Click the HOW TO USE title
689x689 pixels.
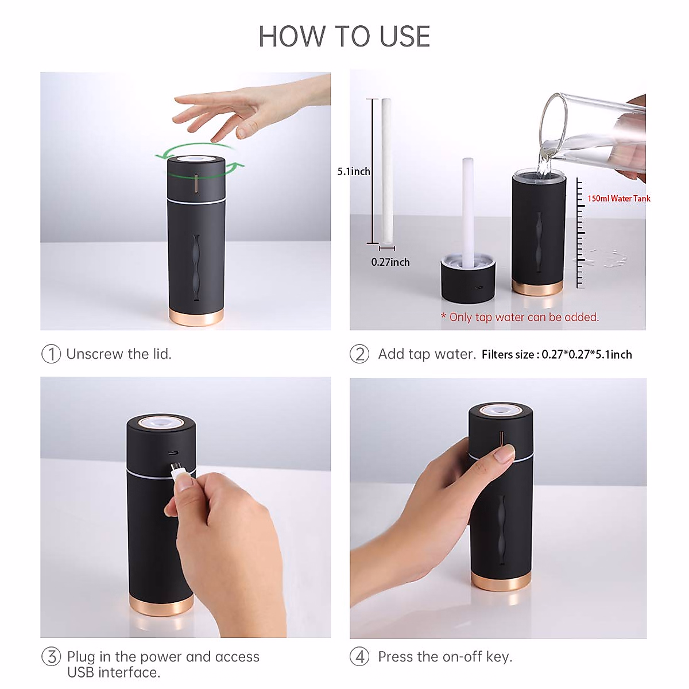pos(344,37)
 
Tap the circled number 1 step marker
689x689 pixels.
pos(51,354)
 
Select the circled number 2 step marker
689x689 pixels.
pos(359,354)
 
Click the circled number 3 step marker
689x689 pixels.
pos(51,656)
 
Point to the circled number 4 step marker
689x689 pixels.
pos(359,656)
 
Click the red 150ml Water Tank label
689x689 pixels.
pos(618,199)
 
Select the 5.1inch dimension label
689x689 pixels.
pos(353,172)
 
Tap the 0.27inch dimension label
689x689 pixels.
pos(390,262)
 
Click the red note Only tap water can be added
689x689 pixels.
pos(520,317)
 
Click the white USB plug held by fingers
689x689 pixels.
pos(180,470)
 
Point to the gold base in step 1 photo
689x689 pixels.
pos(196,318)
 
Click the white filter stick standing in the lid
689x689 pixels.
pos(468,212)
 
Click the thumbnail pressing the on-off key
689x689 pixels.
pos(505,455)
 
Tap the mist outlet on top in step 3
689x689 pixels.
pos(161,423)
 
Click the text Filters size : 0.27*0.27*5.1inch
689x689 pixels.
pos(556,355)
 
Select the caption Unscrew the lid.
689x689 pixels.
pos(119,354)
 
